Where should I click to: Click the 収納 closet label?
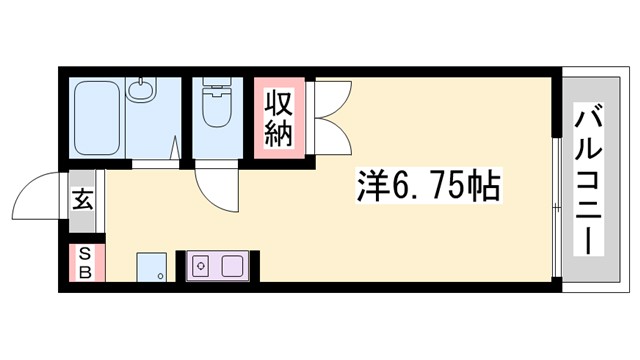(278, 116)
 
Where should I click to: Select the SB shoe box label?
(85, 262)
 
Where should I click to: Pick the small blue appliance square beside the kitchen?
(152, 267)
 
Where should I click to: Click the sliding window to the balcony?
(556, 205)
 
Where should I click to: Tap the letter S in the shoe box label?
(85, 254)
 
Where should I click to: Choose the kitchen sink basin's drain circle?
(200, 267)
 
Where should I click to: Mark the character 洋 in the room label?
(371, 186)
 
